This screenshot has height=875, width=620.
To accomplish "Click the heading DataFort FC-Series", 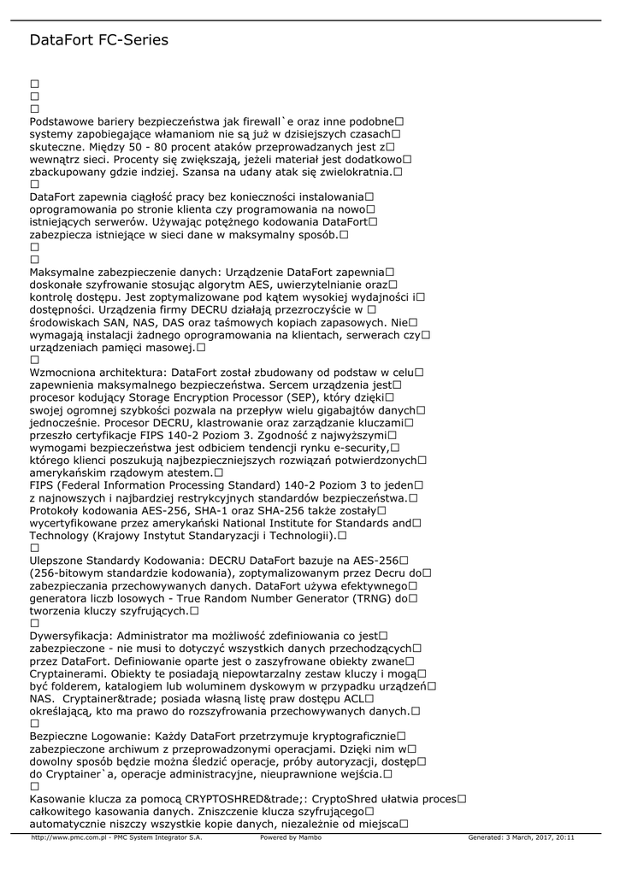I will (x=98, y=40).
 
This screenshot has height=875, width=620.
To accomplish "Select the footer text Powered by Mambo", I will (x=291, y=837).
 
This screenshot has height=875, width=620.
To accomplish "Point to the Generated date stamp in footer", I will (x=521, y=837).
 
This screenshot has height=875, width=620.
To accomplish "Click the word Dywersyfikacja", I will (x=70, y=635).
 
